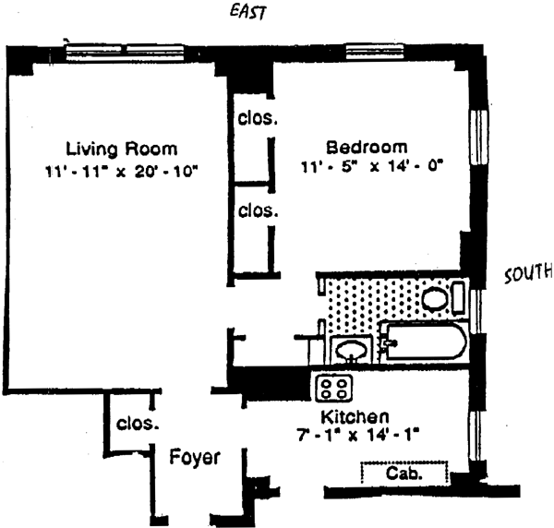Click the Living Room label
click(x=121, y=149)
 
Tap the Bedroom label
click(x=367, y=148)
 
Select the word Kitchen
click(x=355, y=416)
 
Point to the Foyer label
click(x=194, y=457)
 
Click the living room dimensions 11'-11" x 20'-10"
click(x=121, y=171)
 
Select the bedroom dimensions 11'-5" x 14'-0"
click(x=372, y=168)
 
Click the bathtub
click(x=423, y=344)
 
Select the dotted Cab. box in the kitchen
click(x=404, y=474)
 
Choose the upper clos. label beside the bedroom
click(x=258, y=119)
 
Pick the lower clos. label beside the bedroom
click(x=258, y=210)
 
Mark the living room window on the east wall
click(x=124, y=49)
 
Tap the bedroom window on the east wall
click(x=369, y=49)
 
